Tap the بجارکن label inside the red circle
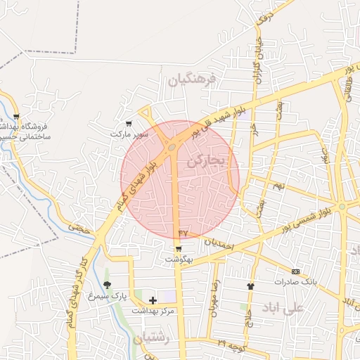click(205, 161)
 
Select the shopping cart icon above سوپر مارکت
click(128, 123)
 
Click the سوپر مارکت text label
click(129, 133)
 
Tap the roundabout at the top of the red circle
click(172, 147)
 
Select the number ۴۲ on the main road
click(183, 232)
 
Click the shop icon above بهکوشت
click(179, 249)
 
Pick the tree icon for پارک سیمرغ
click(107, 285)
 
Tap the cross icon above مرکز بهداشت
click(153, 300)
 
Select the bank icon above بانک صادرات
click(295, 271)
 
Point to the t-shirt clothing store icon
click(250, 286)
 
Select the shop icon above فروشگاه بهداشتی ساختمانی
click(16, 117)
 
